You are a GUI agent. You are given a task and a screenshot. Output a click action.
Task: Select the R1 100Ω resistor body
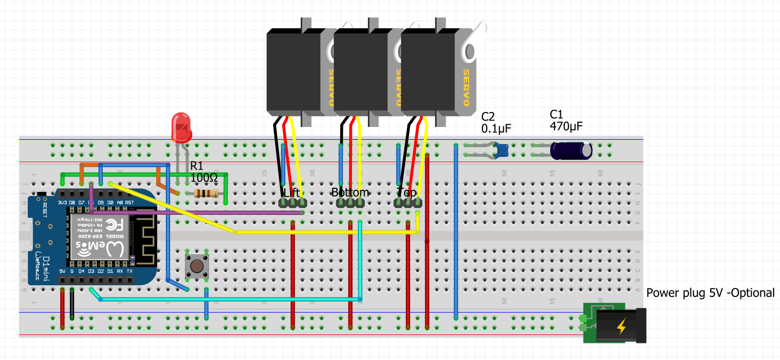point(206,194)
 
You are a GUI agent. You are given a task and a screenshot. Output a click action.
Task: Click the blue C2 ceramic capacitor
point(501,150)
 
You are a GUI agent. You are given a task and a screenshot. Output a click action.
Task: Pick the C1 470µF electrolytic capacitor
point(571,150)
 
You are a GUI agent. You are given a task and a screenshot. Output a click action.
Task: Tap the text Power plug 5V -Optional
point(710,293)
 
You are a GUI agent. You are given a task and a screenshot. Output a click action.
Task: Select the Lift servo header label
point(292,192)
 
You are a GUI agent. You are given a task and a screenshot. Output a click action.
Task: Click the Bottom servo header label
point(350,192)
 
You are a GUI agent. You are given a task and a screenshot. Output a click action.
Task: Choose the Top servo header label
point(407,192)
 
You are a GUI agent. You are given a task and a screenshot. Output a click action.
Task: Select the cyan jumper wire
point(229,299)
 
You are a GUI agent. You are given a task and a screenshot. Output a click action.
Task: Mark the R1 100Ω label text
point(204,171)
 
